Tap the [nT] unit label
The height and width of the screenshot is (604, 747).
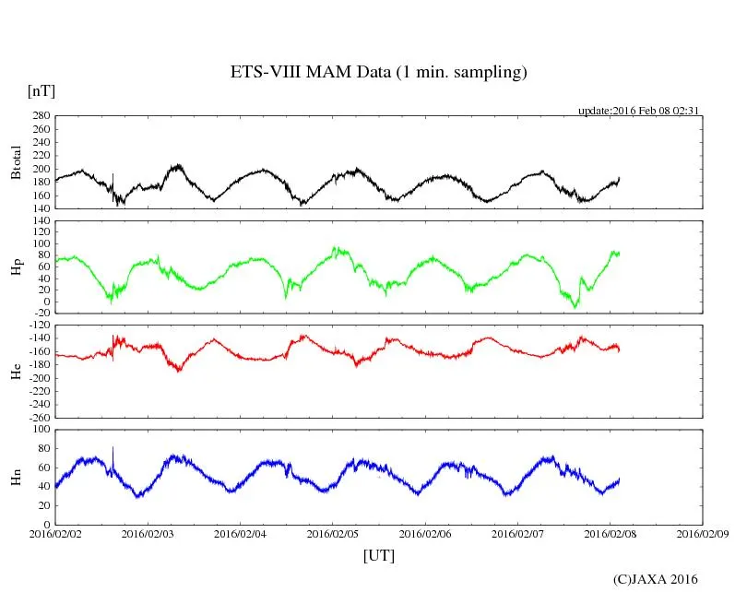pyautogui.click(x=41, y=91)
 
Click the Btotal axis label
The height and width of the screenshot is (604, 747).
pyautogui.click(x=16, y=163)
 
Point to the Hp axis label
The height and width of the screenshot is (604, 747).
pyautogui.click(x=16, y=268)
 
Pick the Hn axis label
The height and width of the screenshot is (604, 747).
pyautogui.click(x=16, y=477)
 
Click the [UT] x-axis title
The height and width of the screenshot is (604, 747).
pyautogui.click(x=379, y=555)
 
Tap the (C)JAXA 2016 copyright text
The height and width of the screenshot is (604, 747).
pyautogui.click(x=656, y=579)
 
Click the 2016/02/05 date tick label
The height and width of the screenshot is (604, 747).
pyautogui.click(x=333, y=533)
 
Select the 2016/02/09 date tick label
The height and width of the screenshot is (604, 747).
pyautogui.click(x=703, y=533)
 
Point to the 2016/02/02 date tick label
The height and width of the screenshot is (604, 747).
pyautogui.click(x=54, y=533)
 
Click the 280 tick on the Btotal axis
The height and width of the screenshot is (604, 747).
pyautogui.click(x=40, y=116)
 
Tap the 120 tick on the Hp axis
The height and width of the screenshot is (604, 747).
pyautogui.click(x=40, y=221)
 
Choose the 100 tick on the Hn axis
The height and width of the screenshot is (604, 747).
pyautogui.click(x=40, y=430)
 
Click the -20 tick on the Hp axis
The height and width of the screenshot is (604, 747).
pyautogui.click(x=40, y=313)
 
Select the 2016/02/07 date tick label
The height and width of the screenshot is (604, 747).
pyautogui.click(x=517, y=533)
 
